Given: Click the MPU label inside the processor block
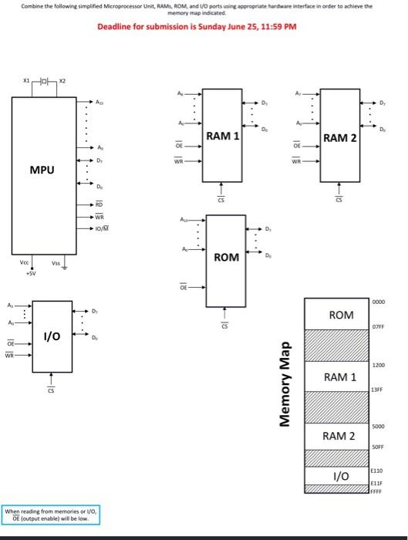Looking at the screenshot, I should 42,169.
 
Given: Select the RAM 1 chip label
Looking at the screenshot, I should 222,137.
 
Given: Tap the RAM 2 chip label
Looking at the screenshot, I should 340,138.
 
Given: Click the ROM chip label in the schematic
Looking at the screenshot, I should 225,257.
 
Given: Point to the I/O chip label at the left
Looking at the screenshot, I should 52,337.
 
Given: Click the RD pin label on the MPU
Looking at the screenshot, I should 99,204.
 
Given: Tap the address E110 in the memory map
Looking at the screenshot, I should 376,469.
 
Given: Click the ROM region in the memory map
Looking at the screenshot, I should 341,316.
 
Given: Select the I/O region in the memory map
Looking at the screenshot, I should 341,477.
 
